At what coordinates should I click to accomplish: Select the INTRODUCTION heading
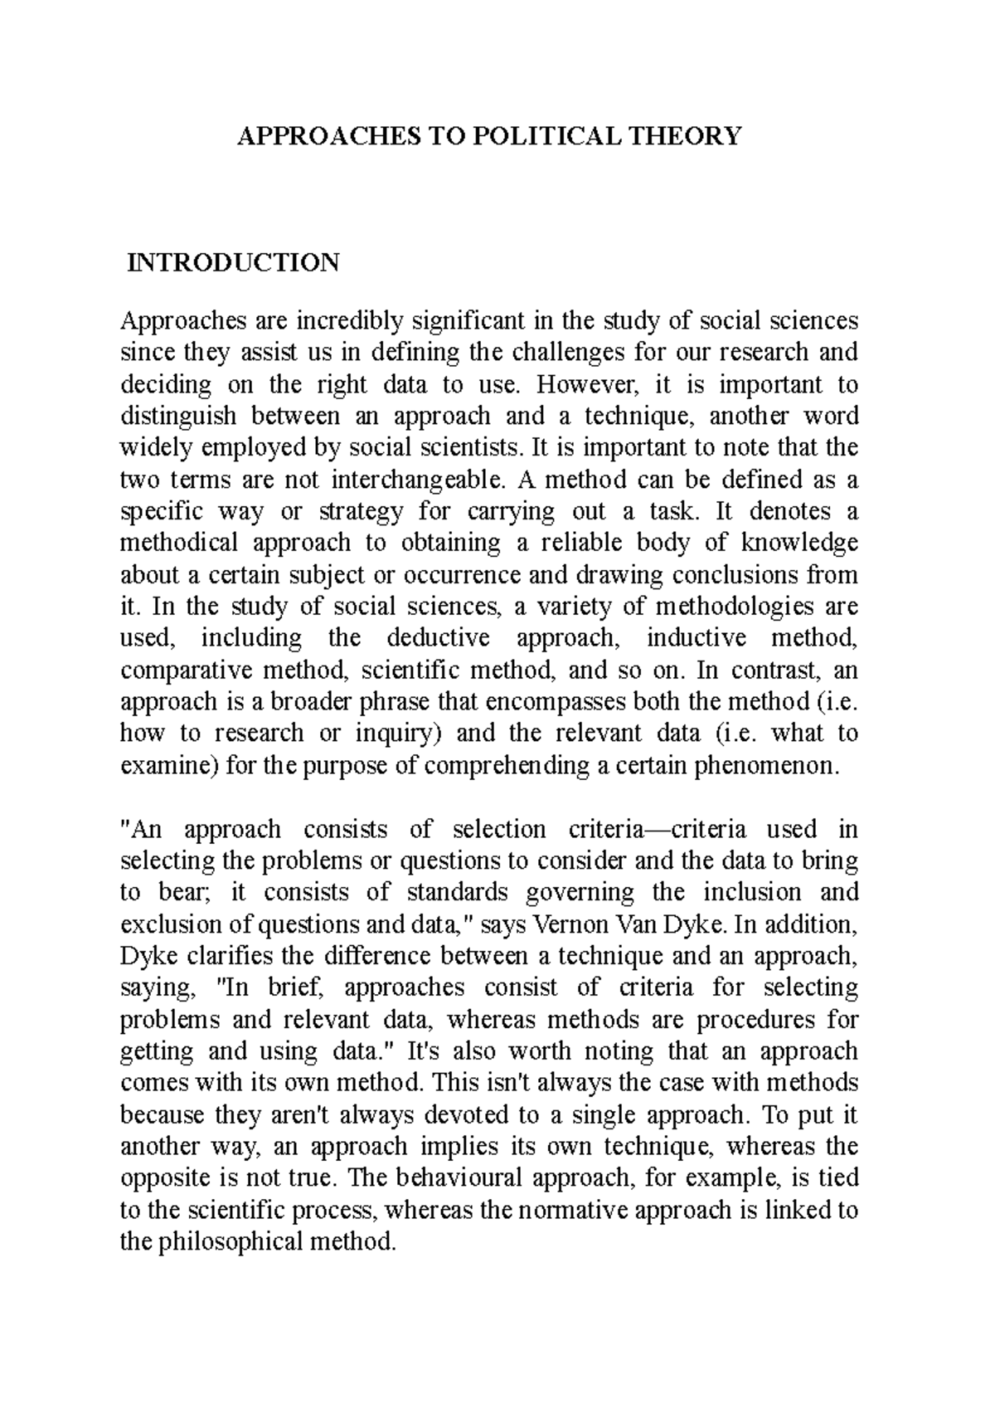coord(233,262)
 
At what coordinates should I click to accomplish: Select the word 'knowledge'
coord(798,543)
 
